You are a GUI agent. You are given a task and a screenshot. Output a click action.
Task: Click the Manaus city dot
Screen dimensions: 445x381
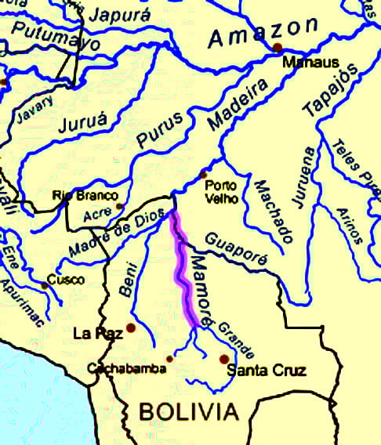[277, 49]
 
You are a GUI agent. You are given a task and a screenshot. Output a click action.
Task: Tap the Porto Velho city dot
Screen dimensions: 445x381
[204, 174]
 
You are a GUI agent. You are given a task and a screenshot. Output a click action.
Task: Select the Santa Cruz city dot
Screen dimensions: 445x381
[224, 359]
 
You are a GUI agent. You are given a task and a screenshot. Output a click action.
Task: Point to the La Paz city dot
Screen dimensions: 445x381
[131, 328]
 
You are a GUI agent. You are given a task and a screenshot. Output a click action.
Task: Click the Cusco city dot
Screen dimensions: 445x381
[45, 286]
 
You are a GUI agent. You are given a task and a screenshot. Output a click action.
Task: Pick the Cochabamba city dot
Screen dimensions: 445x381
[169, 358]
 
